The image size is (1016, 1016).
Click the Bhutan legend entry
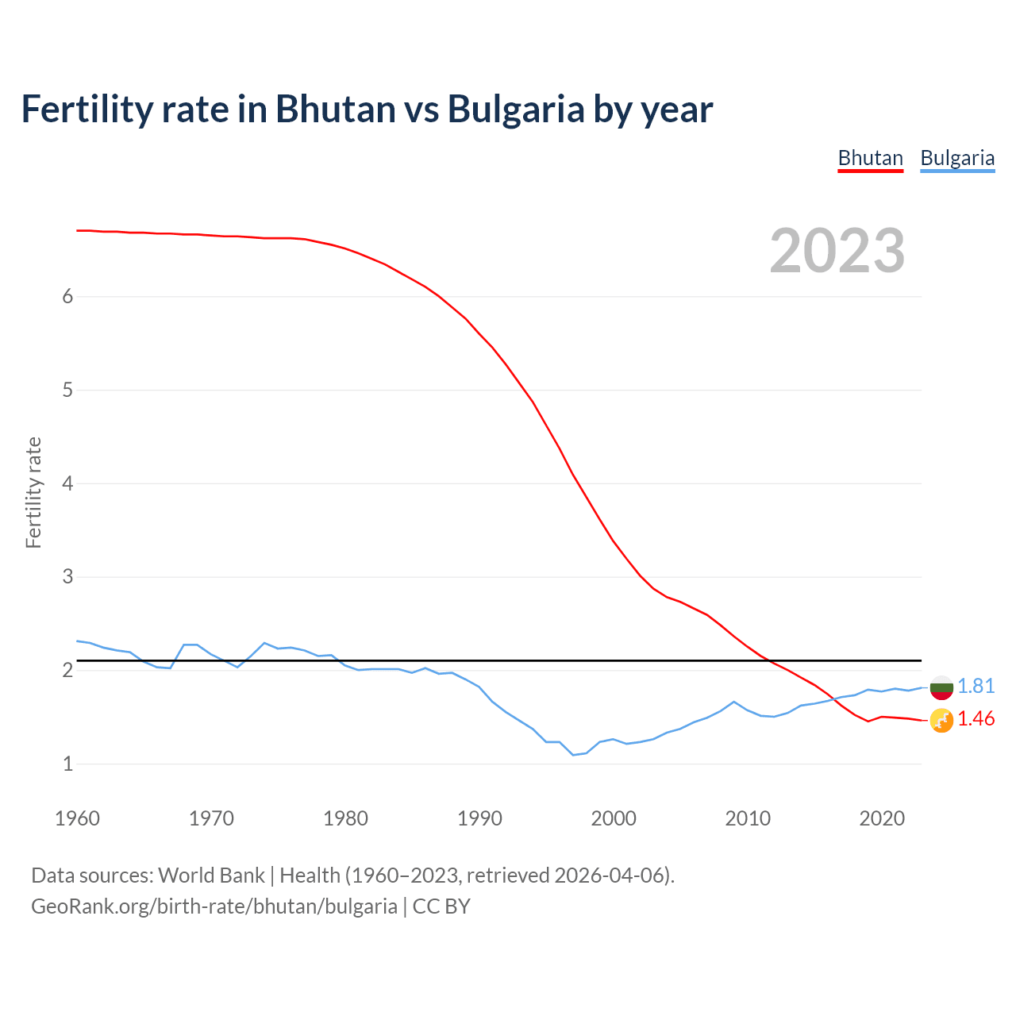870,158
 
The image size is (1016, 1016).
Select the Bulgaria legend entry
956,158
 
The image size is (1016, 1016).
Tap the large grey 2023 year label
837,251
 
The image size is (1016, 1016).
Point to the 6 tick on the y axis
67,296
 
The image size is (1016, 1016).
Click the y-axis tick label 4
67,483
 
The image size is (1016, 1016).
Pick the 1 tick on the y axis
67,764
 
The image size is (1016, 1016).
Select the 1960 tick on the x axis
77,818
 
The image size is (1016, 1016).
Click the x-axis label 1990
479,818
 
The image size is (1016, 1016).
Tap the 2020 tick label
882,818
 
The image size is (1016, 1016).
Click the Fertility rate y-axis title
33,492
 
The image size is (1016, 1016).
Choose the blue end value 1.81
976,686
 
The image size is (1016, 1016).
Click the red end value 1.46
976,718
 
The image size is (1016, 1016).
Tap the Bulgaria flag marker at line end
941,687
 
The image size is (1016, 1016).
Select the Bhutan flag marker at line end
941,720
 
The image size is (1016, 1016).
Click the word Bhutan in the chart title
335,109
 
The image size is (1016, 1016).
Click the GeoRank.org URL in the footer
214,906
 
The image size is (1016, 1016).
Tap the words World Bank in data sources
211,876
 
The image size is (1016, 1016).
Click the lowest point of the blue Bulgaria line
573,755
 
